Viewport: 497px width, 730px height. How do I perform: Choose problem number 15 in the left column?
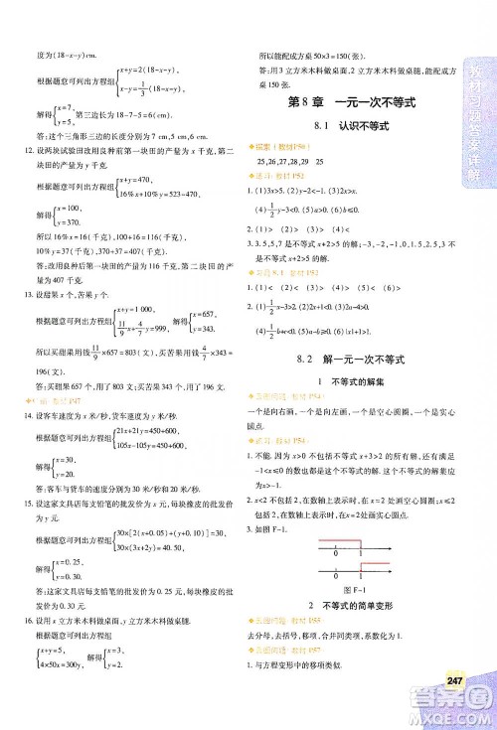tap(26, 506)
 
